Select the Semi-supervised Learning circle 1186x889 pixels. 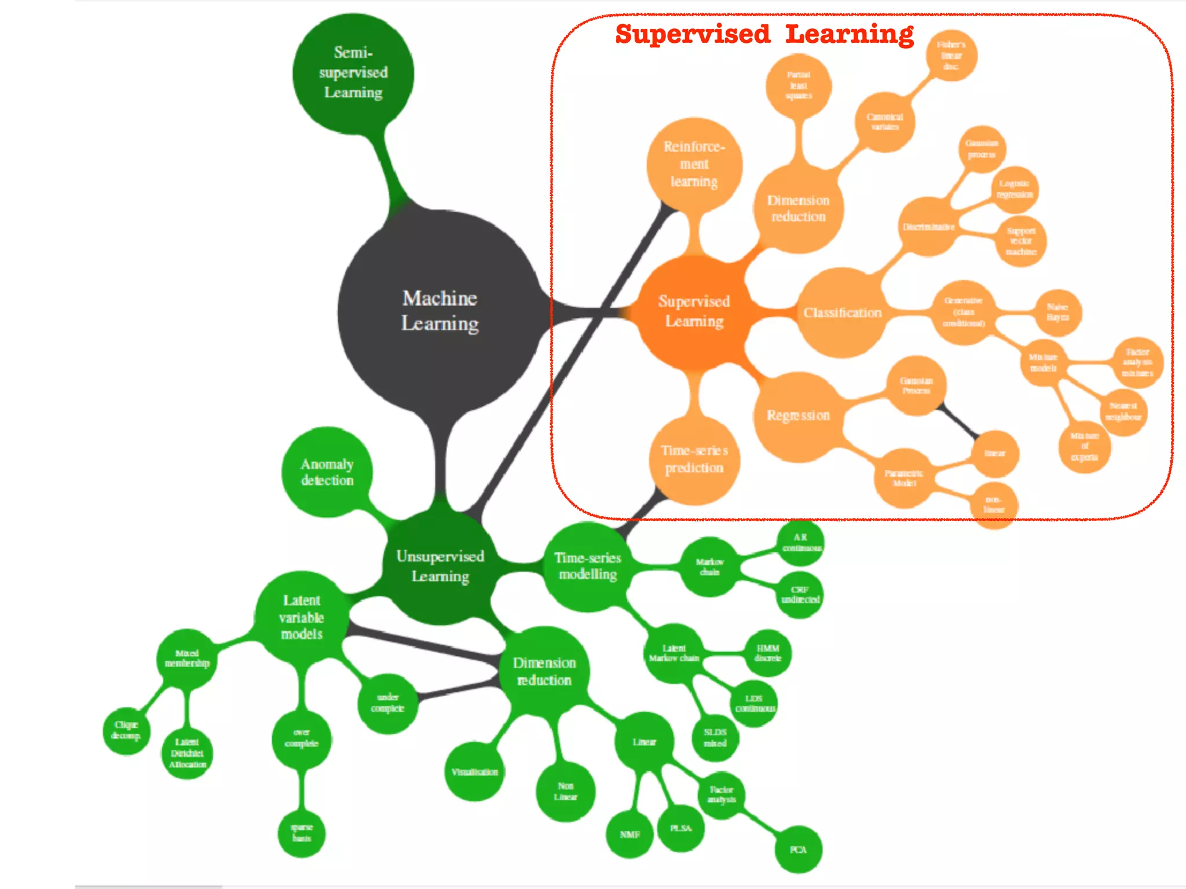(x=353, y=73)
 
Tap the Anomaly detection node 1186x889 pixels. (x=327, y=472)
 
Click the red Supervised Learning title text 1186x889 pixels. (x=764, y=35)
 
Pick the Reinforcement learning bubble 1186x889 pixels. (x=694, y=164)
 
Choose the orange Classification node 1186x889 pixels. (x=842, y=313)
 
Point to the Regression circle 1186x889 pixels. (x=798, y=416)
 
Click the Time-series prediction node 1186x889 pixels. (x=694, y=460)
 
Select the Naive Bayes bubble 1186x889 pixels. (x=1057, y=312)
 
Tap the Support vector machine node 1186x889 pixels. (x=1020, y=241)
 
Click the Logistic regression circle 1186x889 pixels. (x=1014, y=189)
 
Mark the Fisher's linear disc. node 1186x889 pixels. (x=951, y=56)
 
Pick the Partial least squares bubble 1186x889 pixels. (x=799, y=86)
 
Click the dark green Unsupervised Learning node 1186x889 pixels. (x=440, y=566)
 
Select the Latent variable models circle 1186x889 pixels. (x=302, y=617)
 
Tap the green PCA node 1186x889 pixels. (x=798, y=850)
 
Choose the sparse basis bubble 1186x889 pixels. (x=302, y=833)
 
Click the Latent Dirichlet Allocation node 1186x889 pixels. (x=187, y=753)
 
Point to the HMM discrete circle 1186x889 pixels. (x=768, y=653)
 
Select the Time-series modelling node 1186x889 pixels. (x=588, y=566)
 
